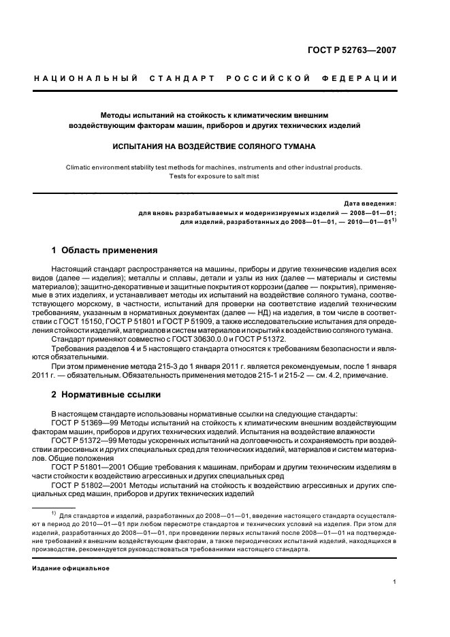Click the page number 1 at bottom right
click(x=394, y=582)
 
